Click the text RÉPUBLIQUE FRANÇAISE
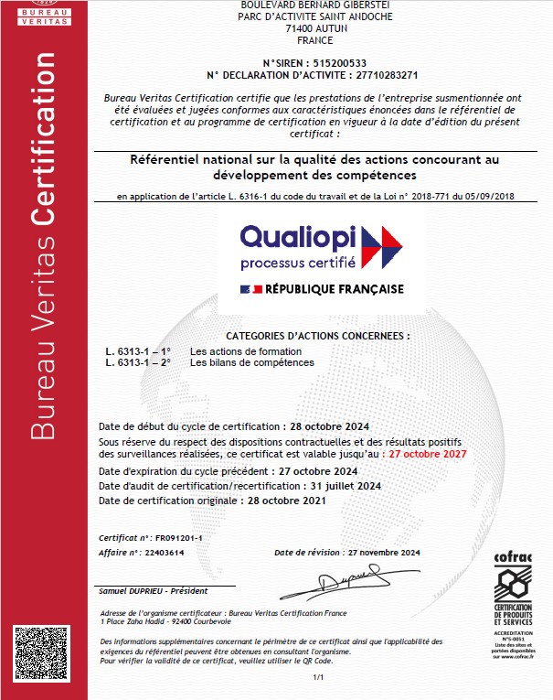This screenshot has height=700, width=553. tap(334, 289)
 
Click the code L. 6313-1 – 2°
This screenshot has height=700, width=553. tap(138, 362)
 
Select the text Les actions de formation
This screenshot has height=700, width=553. tap(246, 351)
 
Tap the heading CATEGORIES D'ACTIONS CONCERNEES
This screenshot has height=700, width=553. tap(317, 336)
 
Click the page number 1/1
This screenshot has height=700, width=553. tap(318, 678)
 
